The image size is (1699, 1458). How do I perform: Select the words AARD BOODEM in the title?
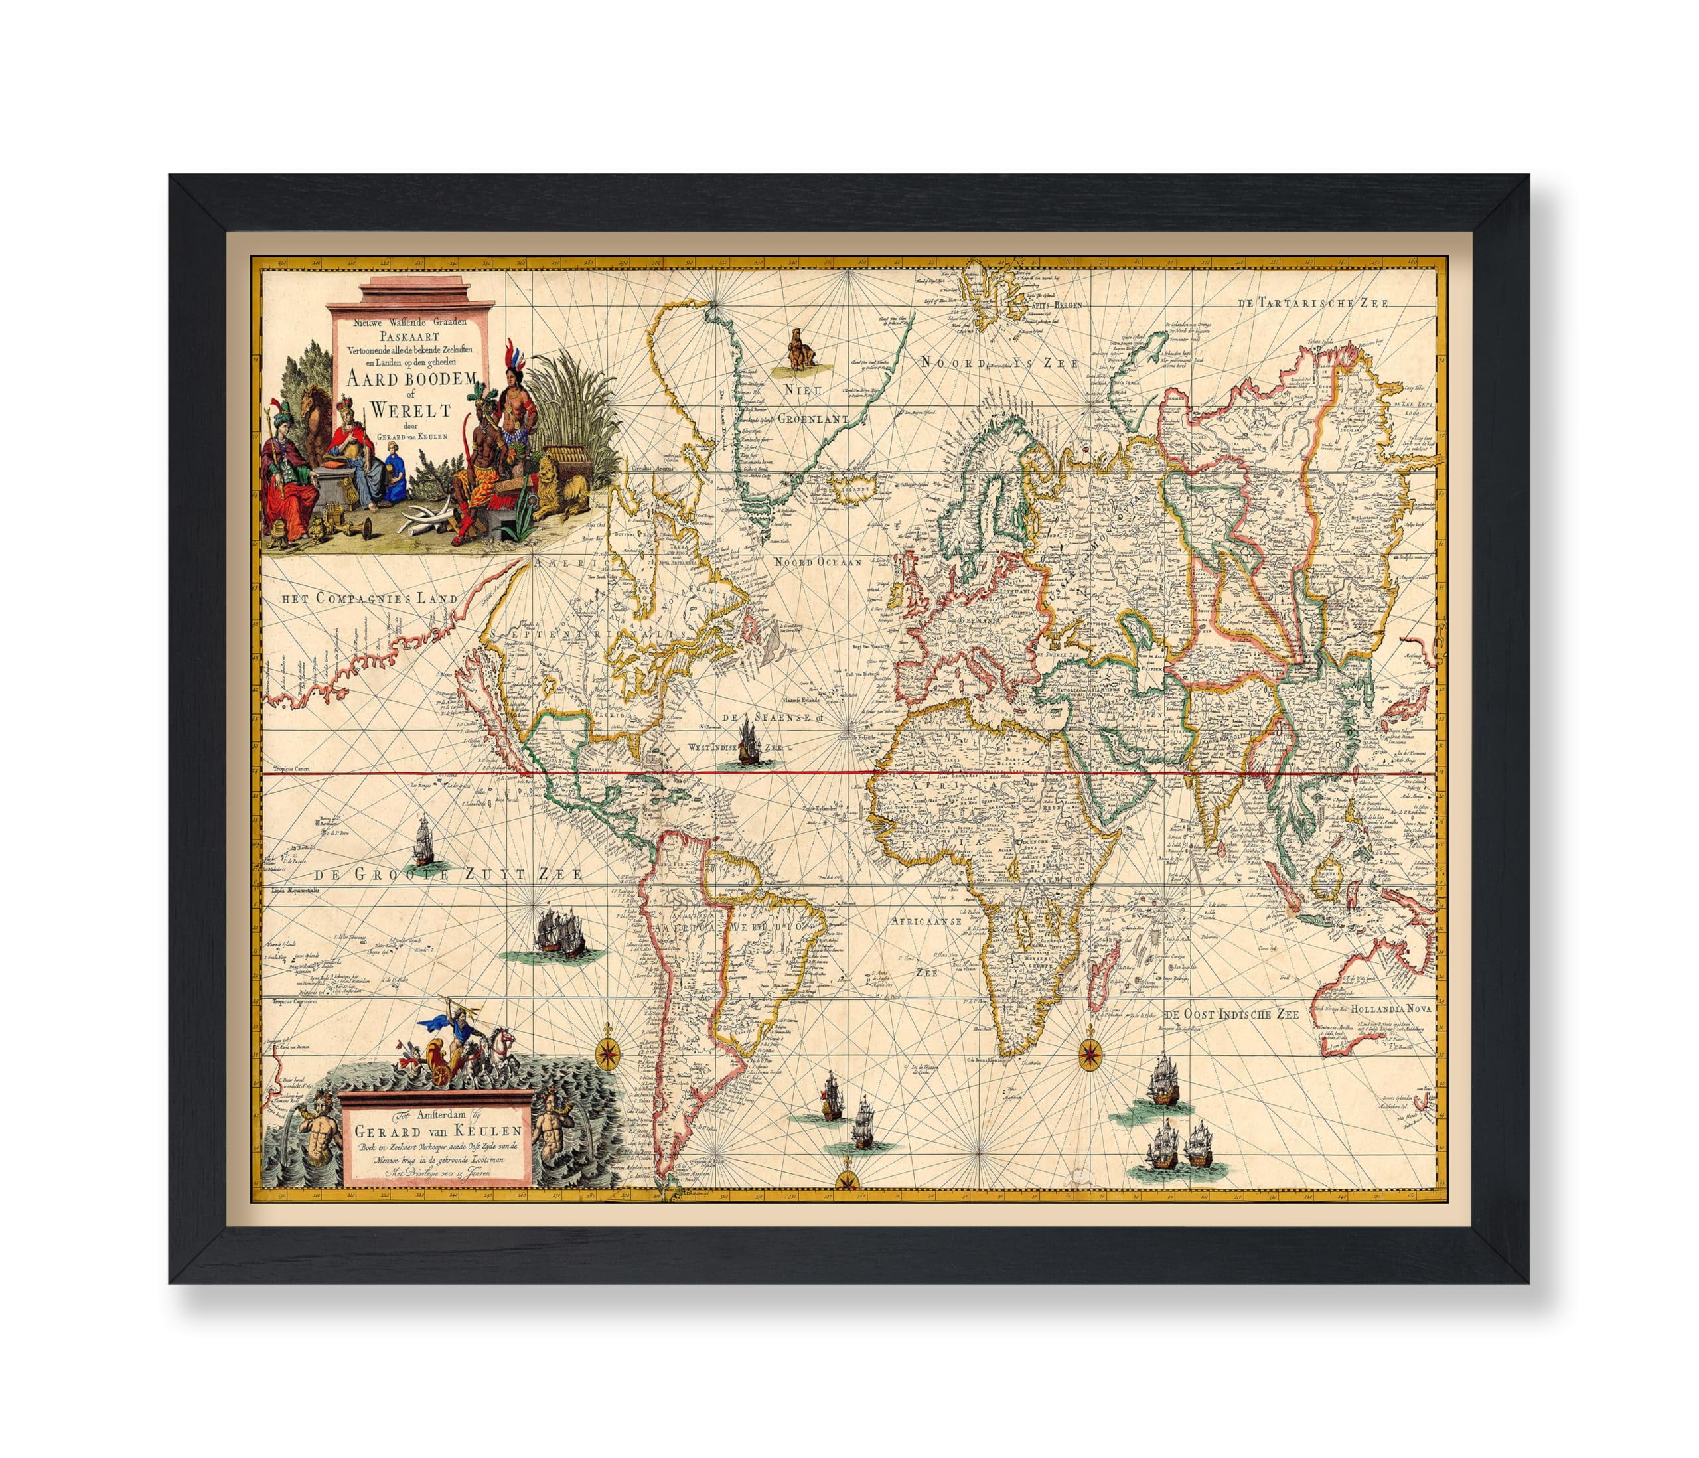411,379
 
